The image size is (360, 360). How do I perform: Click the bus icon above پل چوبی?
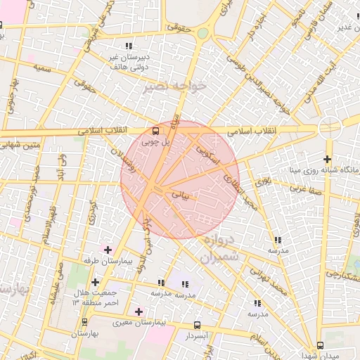tap(156, 130)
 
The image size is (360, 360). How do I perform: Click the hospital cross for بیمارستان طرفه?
tap(107, 250)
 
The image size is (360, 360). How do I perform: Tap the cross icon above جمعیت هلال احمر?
tap(95, 282)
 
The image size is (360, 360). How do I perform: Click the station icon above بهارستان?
tap(85, 322)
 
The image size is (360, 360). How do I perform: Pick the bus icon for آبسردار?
tap(197, 326)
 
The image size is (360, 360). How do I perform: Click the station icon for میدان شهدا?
tap(321, 345)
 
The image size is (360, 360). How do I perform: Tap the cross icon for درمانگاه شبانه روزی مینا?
tap(328, 160)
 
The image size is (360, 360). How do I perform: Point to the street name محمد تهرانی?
tap(271, 280)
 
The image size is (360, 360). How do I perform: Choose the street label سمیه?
tap(42, 68)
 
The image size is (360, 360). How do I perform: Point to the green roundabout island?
tap(202, 33)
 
